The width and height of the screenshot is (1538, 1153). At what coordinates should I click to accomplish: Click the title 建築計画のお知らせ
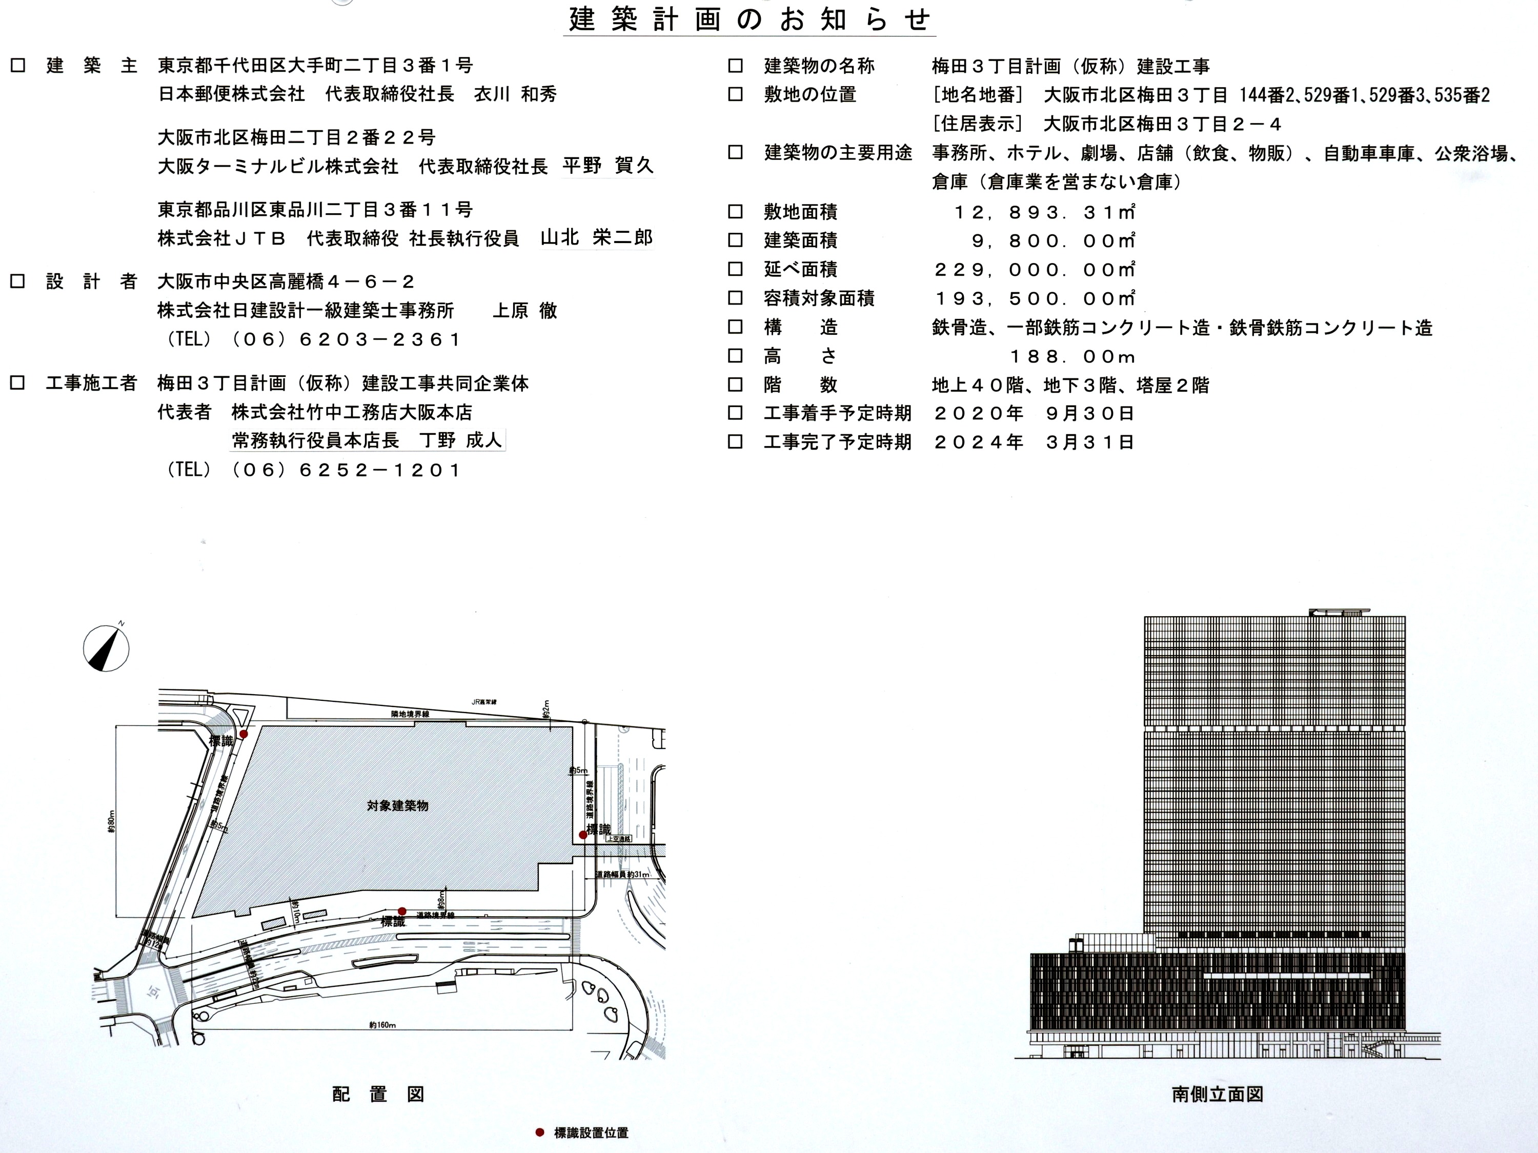(750, 19)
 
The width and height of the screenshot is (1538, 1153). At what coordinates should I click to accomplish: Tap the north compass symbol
(107, 648)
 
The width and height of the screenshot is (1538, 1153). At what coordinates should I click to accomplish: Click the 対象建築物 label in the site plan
(398, 806)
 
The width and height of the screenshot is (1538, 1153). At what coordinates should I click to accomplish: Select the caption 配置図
(378, 1094)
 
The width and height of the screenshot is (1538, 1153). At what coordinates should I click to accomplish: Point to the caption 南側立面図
(1217, 1094)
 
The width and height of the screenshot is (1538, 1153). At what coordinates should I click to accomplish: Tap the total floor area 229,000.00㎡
(1035, 270)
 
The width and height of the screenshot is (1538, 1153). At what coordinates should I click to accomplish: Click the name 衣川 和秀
(515, 94)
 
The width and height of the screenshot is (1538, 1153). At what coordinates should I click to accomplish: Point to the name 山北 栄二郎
(597, 238)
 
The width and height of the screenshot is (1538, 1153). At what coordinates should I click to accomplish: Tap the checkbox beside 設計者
(17, 281)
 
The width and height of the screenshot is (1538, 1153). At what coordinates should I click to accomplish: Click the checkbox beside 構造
(735, 327)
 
